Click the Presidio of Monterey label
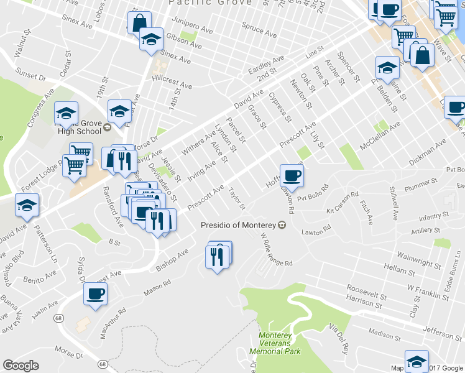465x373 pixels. tap(239, 225)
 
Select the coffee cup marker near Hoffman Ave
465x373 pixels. tap(292, 175)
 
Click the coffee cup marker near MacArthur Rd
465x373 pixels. tap(95, 293)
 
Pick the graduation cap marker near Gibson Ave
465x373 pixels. tap(151, 39)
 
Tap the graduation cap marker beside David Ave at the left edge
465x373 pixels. tap(27, 205)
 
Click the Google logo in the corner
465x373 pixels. tap(21, 366)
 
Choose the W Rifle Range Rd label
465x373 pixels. tap(277, 249)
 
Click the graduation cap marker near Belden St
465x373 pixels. tap(387, 67)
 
